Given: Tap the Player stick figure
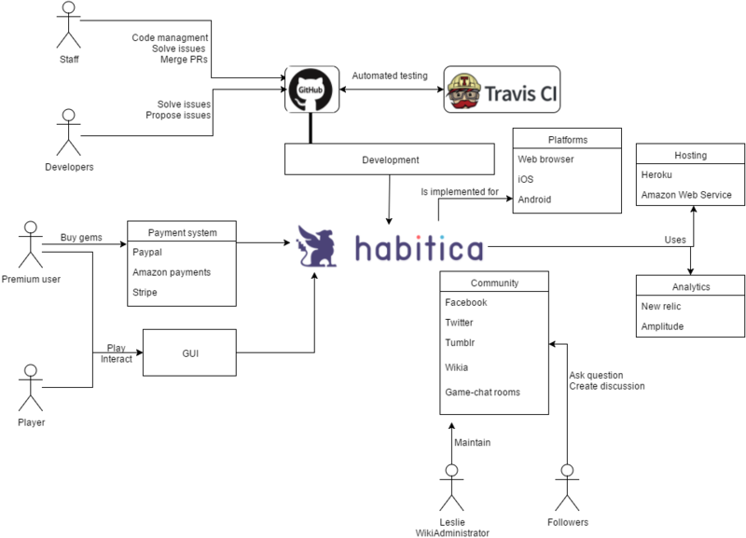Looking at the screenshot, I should (31, 387).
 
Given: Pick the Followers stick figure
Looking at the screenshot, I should (567, 484).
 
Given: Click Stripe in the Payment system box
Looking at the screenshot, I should (145, 293).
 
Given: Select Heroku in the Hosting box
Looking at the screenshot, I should (657, 175).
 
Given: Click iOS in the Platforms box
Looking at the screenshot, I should (525, 179).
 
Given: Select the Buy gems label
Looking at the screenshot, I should (81, 237).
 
